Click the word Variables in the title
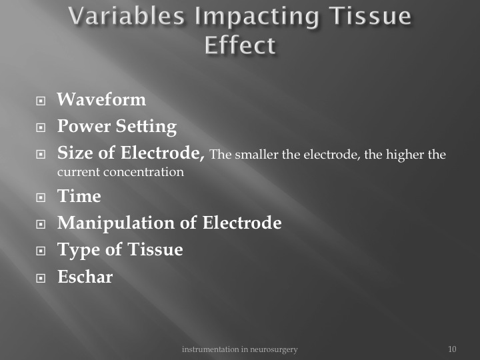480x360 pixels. click(127, 16)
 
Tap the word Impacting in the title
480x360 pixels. click(257, 17)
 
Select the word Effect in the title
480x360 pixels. click(240, 45)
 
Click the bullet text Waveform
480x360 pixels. click(101, 99)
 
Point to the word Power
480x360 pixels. click(84, 126)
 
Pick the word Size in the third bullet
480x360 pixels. click(75, 153)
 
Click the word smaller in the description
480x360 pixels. click(257, 154)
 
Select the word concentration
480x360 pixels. click(143, 172)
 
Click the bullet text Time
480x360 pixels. click(79, 196)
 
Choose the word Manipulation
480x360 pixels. click(116, 223)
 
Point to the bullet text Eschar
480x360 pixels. click(85, 277)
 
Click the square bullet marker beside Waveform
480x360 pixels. click(41, 101)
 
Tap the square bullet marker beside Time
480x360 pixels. click(41, 197)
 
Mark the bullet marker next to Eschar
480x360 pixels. click(41, 278)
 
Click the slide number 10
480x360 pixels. click(452, 349)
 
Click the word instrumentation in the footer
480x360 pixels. click(210, 349)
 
